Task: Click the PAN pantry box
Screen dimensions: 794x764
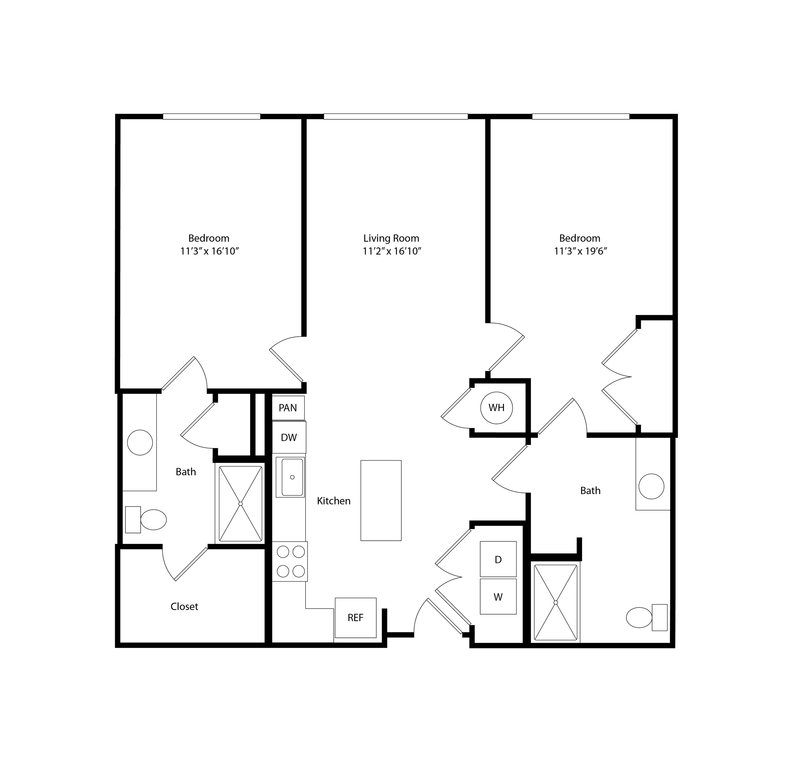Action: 288,407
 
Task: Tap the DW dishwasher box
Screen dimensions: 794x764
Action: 289,437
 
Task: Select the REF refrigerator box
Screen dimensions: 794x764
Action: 355,617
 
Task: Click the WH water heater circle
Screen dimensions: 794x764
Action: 496,407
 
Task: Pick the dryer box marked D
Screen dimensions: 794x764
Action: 498,559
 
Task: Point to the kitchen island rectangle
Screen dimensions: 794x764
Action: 381,500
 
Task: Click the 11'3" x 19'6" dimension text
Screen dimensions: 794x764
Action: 580,251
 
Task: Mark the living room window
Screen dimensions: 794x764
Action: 396,117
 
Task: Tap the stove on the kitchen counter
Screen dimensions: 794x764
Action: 290,561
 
